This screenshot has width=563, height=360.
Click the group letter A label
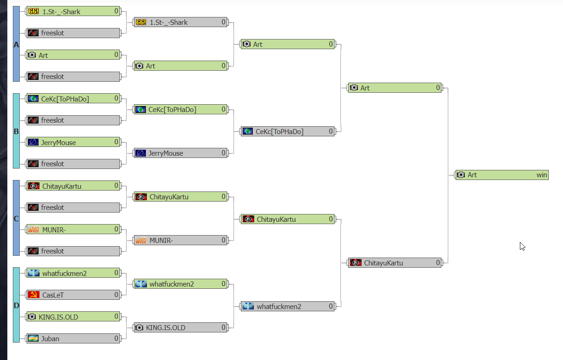(x=17, y=45)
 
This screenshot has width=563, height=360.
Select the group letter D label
(x=17, y=305)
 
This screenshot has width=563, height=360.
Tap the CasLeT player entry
(x=73, y=295)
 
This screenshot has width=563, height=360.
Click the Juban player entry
(x=73, y=338)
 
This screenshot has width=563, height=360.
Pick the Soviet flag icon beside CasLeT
(x=33, y=295)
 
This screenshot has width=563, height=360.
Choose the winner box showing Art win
(x=502, y=175)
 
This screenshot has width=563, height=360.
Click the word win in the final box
(x=542, y=175)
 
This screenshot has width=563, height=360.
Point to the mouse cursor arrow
(x=522, y=246)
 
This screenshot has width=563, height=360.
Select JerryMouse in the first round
(x=73, y=142)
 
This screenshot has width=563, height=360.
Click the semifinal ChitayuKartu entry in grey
(x=395, y=263)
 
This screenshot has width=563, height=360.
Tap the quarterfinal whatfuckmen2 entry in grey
(x=288, y=306)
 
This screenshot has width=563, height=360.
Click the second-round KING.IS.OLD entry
(x=180, y=328)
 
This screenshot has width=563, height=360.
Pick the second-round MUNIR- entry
(x=180, y=241)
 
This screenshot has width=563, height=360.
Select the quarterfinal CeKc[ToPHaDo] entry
(x=288, y=131)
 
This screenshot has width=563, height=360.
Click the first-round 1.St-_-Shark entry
(x=73, y=11)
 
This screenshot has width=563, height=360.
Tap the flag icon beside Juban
(x=33, y=338)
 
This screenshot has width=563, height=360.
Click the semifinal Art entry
(x=395, y=88)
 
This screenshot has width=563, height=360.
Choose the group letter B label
(x=17, y=131)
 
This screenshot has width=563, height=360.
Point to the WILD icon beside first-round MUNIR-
(x=33, y=230)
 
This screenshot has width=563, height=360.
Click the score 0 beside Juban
(x=116, y=338)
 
